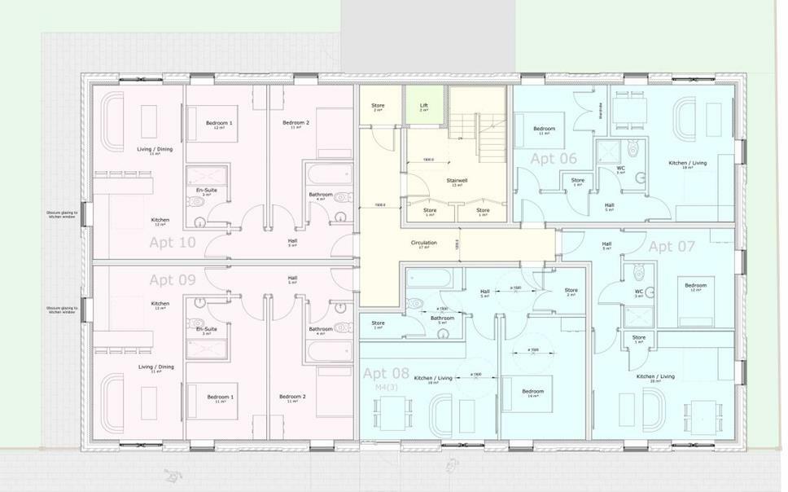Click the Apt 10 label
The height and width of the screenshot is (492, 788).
click(x=173, y=242)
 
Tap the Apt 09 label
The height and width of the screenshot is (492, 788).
click(x=173, y=279)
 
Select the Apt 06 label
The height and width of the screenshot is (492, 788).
click(x=554, y=159)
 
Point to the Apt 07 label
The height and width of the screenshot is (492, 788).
click(x=672, y=246)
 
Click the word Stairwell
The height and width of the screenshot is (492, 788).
click(x=456, y=180)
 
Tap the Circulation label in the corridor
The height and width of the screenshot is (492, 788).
click(x=423, y=243)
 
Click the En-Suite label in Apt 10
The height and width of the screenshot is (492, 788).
click(x=207, y=190)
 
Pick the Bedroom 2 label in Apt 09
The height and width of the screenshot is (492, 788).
click(x=292, y=397)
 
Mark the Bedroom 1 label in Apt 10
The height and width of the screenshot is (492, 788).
click(x=219, y=123)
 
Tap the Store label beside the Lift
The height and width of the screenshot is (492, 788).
click(x=378, y=105)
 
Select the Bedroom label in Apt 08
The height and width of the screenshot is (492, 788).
click(x=533, y=391)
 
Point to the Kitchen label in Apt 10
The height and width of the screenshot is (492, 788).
click(x=160, y=220)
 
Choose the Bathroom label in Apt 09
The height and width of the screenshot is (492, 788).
click(x=321, y=329)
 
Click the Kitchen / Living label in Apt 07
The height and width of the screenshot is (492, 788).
click(x=655, y=376)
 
